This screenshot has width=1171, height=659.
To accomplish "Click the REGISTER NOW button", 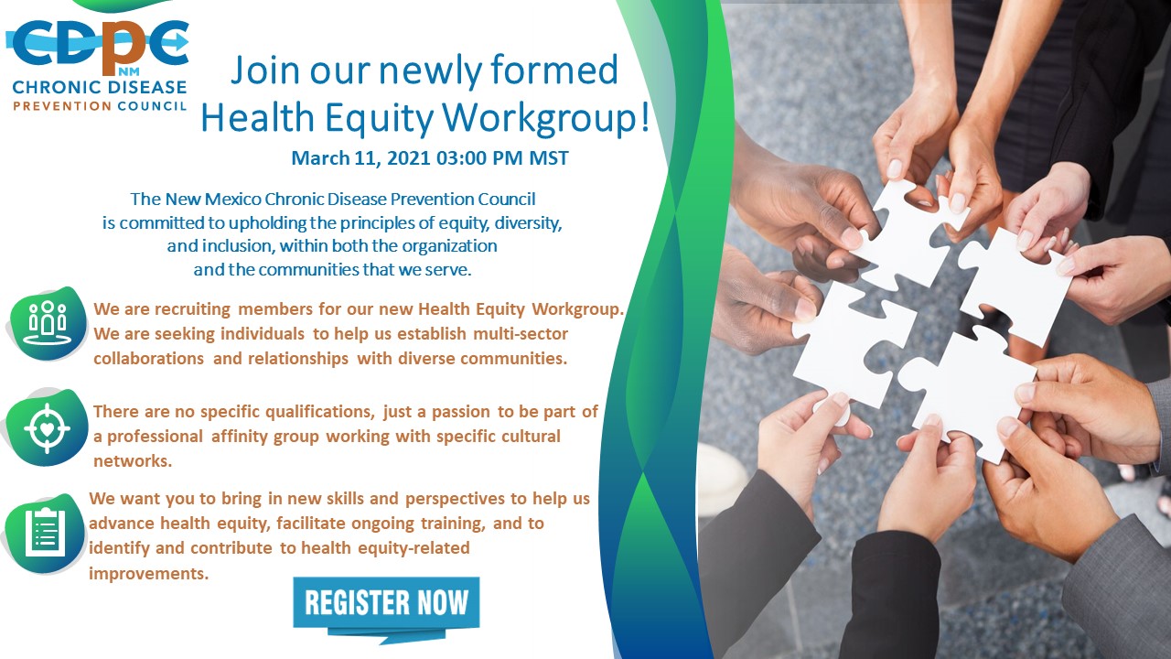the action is [x=386, y=602].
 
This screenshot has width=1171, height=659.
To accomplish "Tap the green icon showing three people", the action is [x=48, y=323].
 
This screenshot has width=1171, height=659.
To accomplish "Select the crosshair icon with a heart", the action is [x=47, y=427].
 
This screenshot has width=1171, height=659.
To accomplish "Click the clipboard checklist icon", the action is [x=45, y=534].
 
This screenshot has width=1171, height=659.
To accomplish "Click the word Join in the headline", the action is [x=265, y=70].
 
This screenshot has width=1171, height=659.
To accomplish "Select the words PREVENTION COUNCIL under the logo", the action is [x=100, y=106].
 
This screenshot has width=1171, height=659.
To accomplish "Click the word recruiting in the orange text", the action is [x=192, y=309].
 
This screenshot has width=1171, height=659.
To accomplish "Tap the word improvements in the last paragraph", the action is [x=148, y=574].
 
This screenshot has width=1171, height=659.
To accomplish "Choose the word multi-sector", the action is [x=521, y=334].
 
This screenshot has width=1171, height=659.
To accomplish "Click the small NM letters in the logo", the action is [x=129, y=71].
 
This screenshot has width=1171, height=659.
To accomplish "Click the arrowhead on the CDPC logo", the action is [x=180, y=40].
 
